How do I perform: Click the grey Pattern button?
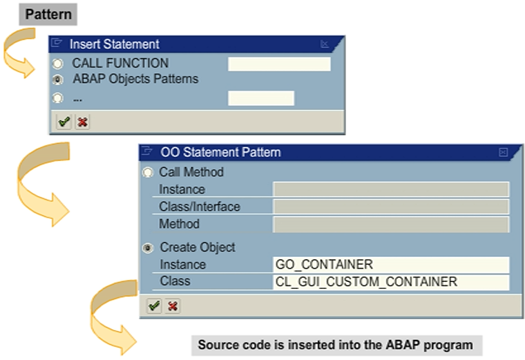(48, 13)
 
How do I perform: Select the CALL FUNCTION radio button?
(58, 64)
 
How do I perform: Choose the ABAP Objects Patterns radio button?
(58, 79)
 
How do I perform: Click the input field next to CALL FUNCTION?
(279, 64)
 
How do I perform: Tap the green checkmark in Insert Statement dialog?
(64, 122)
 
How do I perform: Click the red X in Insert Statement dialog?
(82, 122)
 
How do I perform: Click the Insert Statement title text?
(114, 44)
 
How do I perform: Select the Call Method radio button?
(148, 173)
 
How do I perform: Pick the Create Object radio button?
(148, 247)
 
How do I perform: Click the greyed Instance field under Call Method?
(391, 189)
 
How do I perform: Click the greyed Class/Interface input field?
(391, 207)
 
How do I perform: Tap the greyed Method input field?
(391, 224)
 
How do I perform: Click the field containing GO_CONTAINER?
(391, 265)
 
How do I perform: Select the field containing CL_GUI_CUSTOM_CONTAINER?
(391, 282)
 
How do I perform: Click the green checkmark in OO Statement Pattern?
(154, 305)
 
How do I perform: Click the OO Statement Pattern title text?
(220, 152)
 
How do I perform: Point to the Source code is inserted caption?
(335, 345)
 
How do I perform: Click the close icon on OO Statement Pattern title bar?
(503, 152)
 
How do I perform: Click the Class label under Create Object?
(175, 281)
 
